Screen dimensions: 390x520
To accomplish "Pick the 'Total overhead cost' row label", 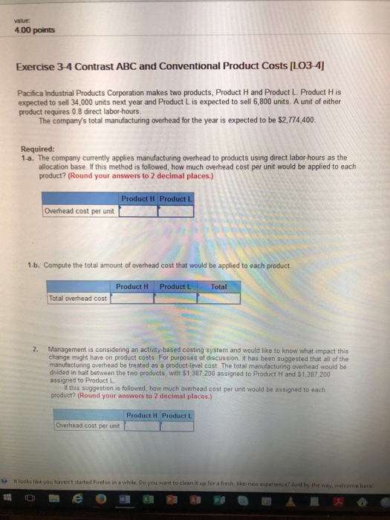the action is [77, 298].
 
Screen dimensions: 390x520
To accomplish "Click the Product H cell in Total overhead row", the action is [131, 298].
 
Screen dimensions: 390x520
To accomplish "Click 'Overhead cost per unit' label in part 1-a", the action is [79, 211].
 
